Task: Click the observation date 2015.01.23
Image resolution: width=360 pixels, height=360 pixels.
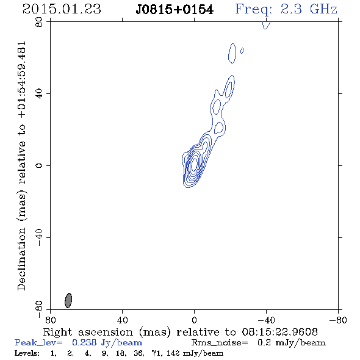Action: click(x=62, y=9)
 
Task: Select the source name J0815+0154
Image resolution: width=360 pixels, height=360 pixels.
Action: click(x=175, y=10)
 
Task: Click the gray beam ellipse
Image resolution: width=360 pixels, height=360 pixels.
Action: click(x=68, y=300)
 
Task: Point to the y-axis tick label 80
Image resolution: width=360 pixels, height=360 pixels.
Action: click(x=39, y=22)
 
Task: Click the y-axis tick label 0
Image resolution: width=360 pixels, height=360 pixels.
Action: click(x=39, y=165)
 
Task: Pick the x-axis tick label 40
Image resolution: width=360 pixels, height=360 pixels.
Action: click(x=122, y=320)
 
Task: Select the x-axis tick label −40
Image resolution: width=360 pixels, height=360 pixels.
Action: click(x=266, y=320)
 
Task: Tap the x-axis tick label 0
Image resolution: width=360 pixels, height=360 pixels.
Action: click(x=194, y=320)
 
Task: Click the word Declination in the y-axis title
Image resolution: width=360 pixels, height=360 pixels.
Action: click(x=21, y=259)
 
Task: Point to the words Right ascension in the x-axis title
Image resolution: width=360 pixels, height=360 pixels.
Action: click(x=88, y=332)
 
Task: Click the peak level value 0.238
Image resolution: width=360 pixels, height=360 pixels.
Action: click(x=84, y=342)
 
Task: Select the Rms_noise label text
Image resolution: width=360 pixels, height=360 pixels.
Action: click(x=220, y=343)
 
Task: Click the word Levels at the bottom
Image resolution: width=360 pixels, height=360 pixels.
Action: click(x=27, y=353)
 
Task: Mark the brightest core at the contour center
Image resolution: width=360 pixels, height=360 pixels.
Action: click(x=194, y=164)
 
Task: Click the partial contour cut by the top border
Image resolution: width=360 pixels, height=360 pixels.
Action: click(x=266, y=25)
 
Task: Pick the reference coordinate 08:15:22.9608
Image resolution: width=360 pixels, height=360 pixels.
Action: click(x=280, y=332)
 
